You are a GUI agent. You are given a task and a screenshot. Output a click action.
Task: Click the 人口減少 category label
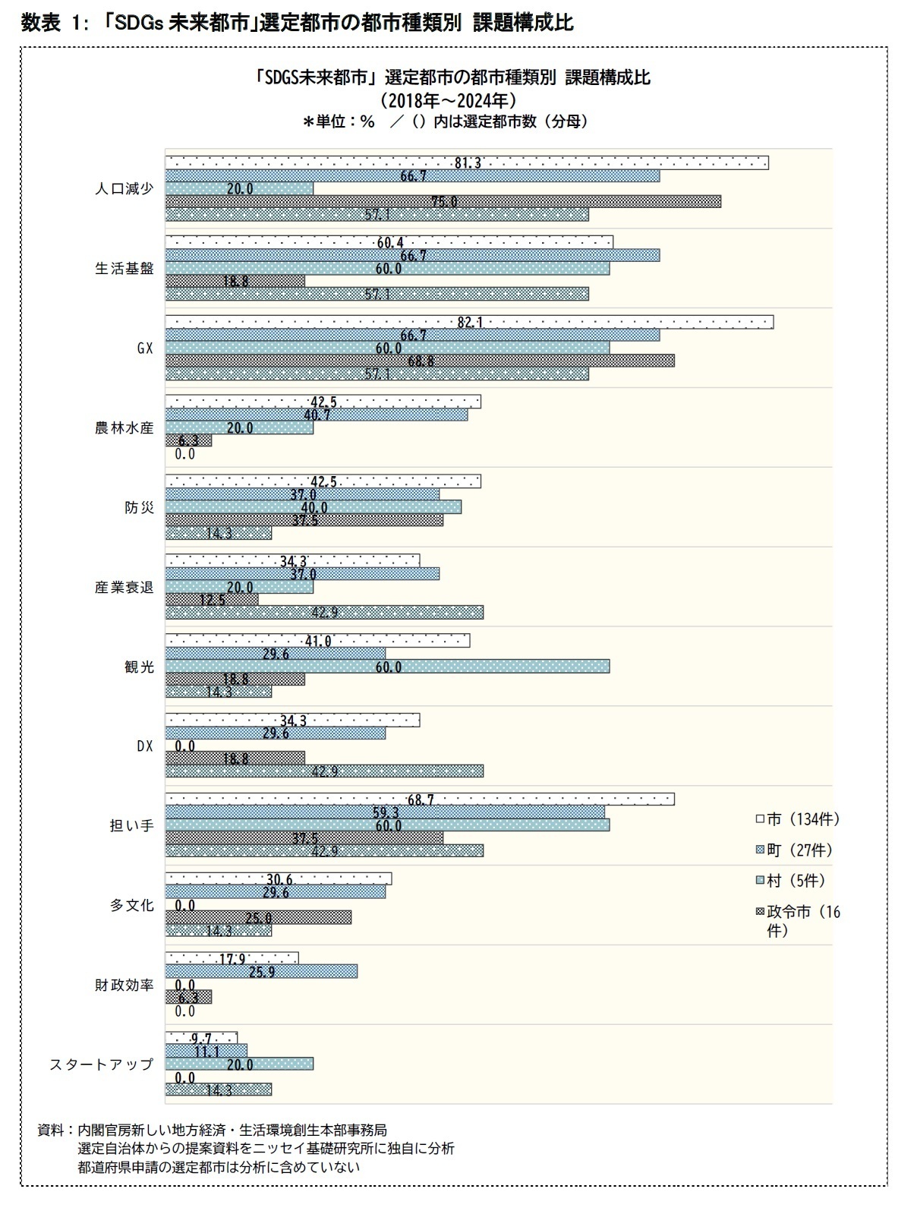tap(123, 189)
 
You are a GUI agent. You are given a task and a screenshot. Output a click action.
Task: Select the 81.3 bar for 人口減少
tap(467, 162)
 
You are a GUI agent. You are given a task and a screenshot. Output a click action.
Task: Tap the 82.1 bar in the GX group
tap(469, 322)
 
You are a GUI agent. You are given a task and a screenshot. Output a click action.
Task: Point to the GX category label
tap(144, 348)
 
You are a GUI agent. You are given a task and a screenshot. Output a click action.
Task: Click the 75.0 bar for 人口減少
tap(443, 201)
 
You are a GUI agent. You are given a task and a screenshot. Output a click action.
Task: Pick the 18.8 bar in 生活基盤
tap(235, 281)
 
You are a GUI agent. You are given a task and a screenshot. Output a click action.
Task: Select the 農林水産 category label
tap(123, 428)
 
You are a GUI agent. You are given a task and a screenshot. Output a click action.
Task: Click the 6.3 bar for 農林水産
tap(188, 440)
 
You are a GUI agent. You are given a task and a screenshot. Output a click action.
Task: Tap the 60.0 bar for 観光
tap(387, 667)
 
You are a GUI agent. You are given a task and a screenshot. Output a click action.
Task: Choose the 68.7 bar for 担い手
tap(420, 799)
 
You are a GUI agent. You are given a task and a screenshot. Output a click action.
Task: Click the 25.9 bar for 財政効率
tap(261, 971)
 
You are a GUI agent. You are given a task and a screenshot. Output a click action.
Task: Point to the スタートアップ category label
tap(101, 1064)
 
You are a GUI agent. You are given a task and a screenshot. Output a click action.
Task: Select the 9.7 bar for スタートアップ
tap(201, 1038)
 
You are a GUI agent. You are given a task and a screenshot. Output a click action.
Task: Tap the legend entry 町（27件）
tap(793, 850)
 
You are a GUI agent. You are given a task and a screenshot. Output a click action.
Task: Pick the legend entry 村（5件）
tap(789, 881)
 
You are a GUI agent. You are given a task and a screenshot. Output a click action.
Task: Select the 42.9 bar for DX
tap(324, 771)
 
